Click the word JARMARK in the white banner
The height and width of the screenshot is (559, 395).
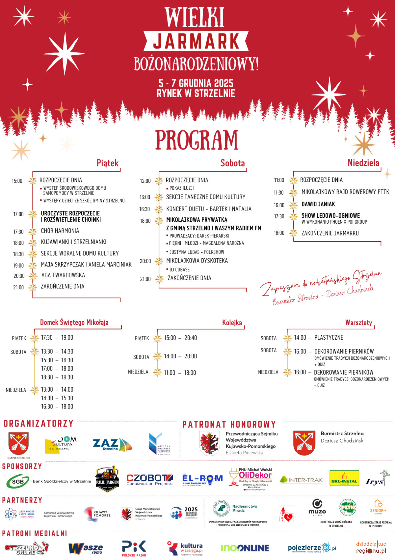196,41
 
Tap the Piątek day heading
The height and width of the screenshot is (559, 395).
107,163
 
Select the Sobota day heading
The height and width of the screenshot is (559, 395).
232,163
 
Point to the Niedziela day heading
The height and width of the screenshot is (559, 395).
363,163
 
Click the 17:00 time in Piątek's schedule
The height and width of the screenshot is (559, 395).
18,214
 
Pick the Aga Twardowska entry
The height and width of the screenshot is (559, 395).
63,275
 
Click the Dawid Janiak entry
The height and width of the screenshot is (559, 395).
318,204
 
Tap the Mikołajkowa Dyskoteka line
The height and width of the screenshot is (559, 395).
197,261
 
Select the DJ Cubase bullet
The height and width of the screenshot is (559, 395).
179,269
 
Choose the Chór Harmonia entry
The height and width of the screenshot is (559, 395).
60,231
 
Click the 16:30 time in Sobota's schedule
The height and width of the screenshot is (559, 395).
145,209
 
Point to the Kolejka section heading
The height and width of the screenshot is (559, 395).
232,323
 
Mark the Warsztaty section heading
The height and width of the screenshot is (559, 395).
358,322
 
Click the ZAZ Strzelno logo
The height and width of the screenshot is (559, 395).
112,445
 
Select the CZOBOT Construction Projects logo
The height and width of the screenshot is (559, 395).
149,480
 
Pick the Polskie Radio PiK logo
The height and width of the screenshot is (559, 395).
134,548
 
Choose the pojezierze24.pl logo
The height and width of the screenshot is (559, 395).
311,548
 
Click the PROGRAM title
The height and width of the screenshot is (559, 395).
197,140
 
